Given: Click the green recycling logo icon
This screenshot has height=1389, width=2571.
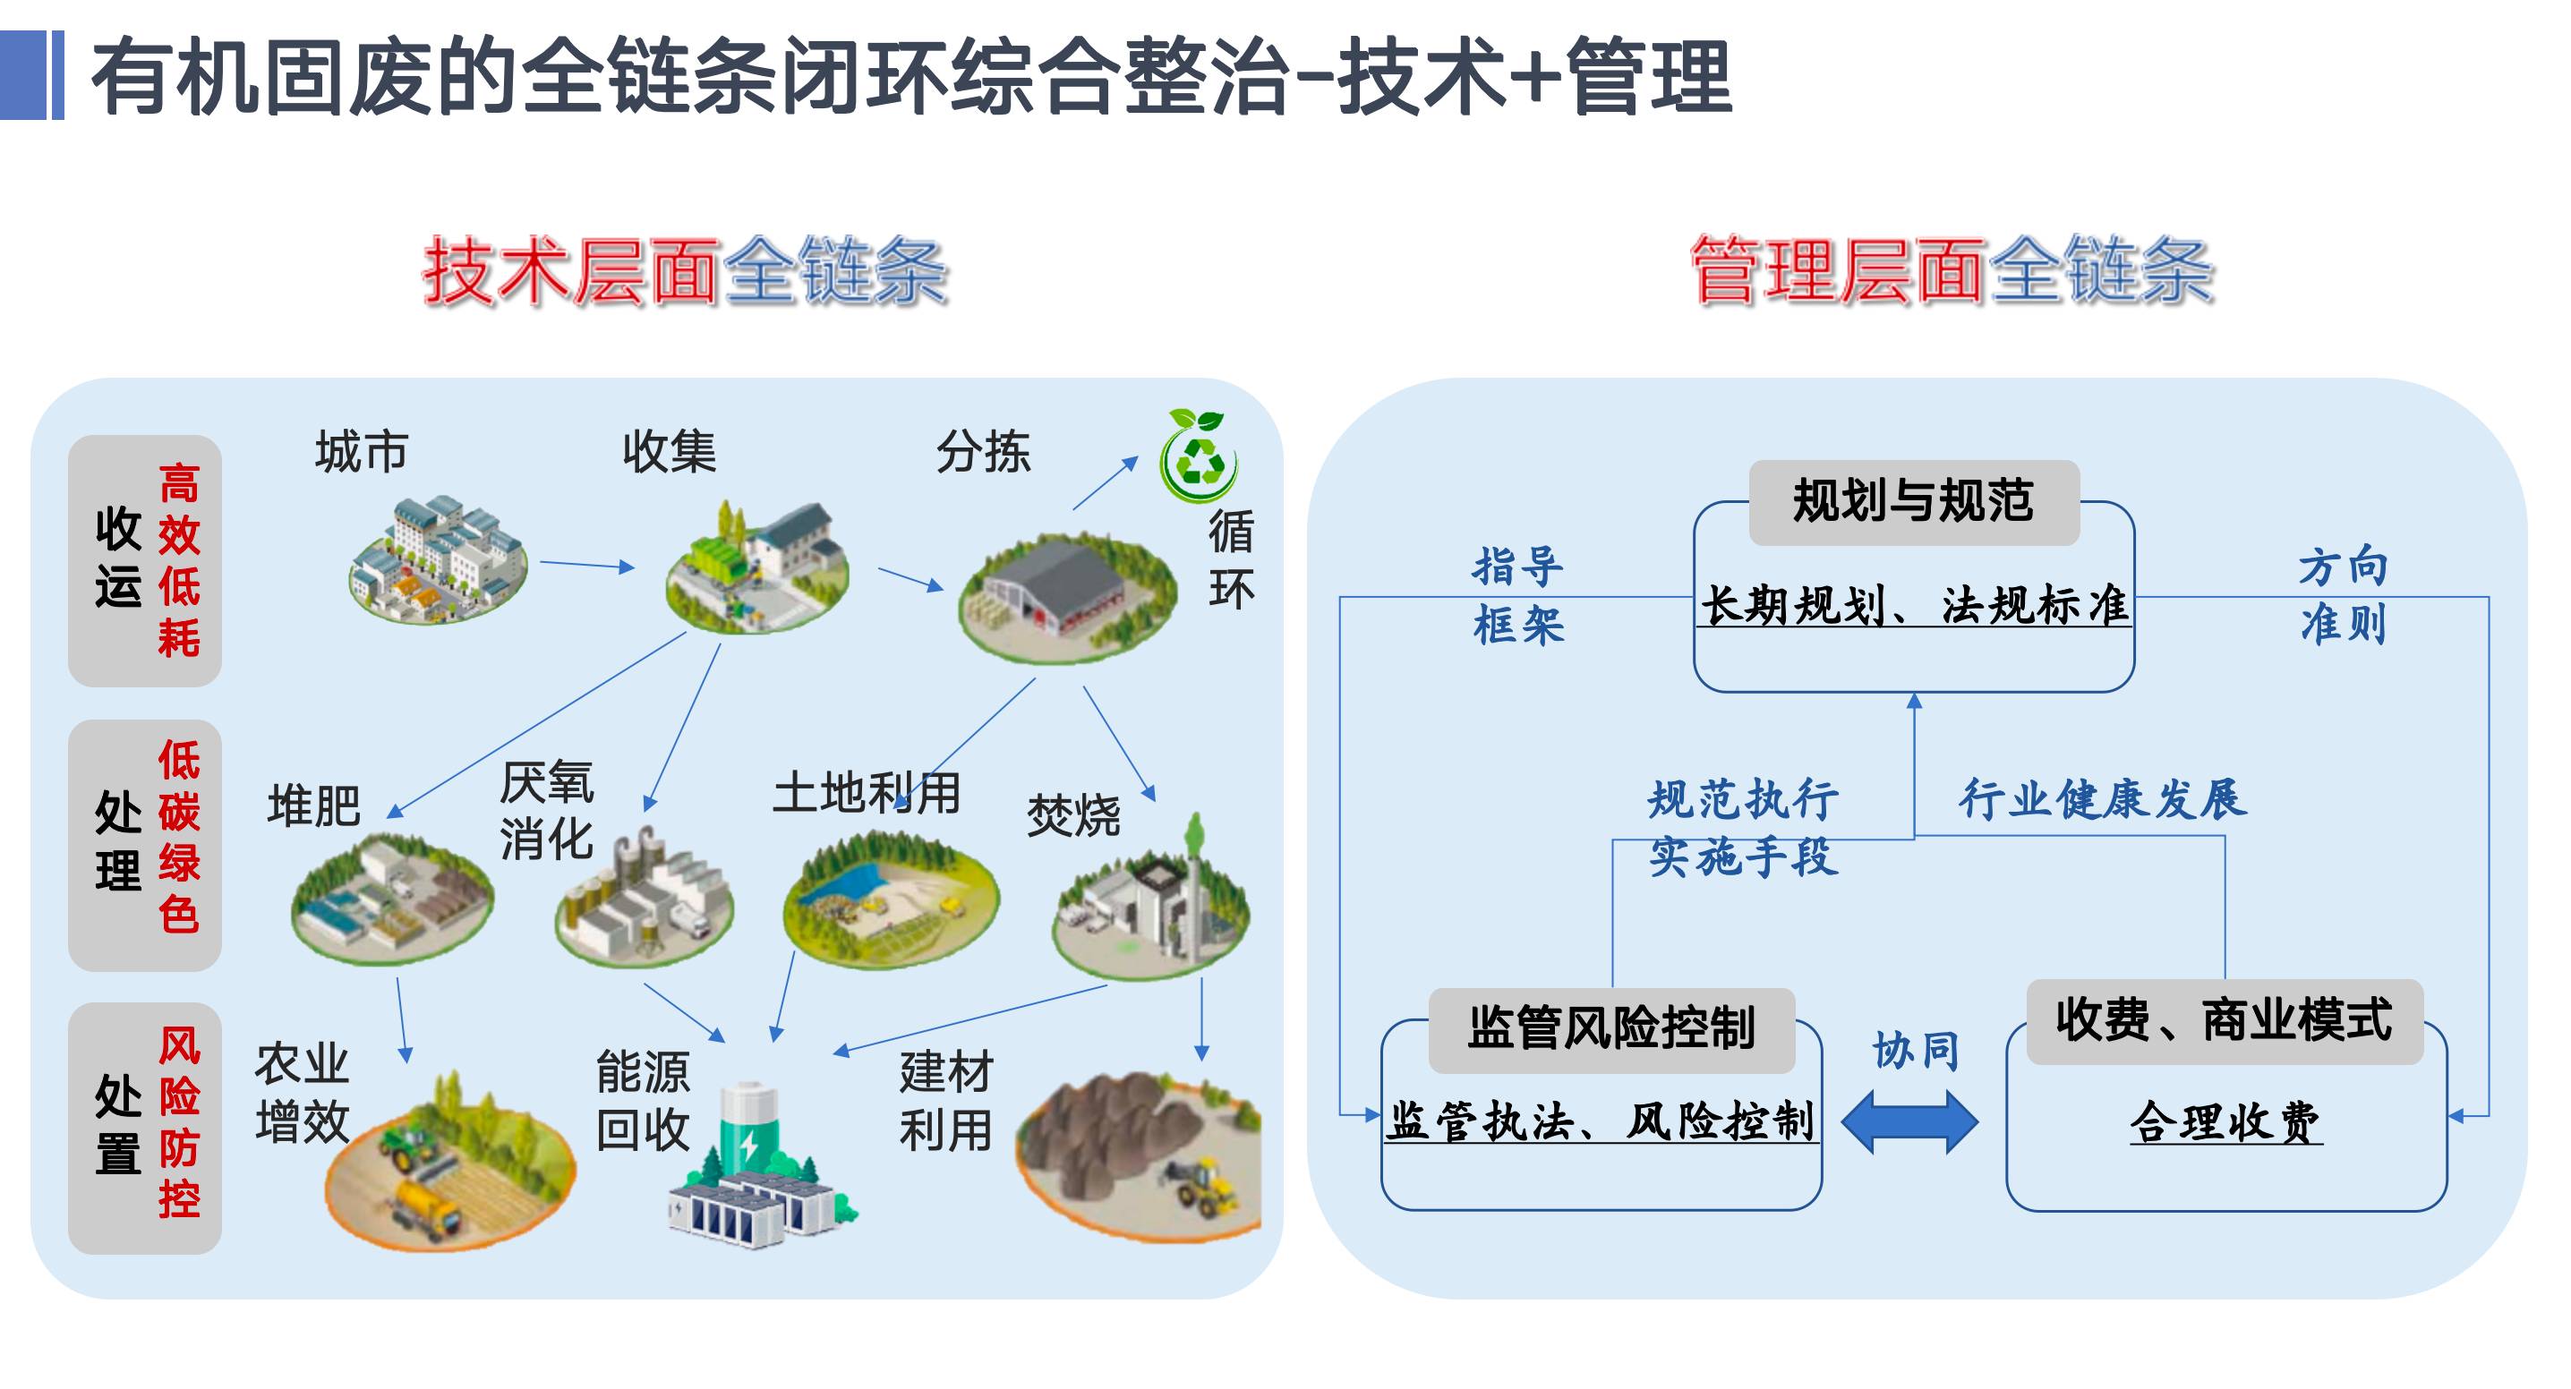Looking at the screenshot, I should click(1199, 458).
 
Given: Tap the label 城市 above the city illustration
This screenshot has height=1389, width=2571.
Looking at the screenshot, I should click(362, 452).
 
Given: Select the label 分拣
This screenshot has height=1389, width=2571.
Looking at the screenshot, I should click(983, 452).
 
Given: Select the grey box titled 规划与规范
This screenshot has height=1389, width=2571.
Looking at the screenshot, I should click(1913, 502).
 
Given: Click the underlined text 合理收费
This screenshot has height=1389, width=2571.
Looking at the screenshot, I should click(2225, 1122).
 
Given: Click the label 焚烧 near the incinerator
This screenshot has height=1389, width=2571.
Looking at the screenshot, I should click(1074, 816).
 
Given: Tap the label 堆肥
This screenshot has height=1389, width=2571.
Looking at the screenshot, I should click(314, 805).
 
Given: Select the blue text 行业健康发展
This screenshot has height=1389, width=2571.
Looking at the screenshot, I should click(2103, 800).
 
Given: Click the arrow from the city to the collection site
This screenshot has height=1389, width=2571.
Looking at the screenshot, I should click(587, 565).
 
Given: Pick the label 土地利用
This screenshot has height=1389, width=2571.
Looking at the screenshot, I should click(867, 794).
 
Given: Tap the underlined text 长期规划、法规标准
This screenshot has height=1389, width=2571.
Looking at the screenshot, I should click(1913, 606).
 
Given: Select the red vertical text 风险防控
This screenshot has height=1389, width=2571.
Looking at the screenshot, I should click(180, 1122).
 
